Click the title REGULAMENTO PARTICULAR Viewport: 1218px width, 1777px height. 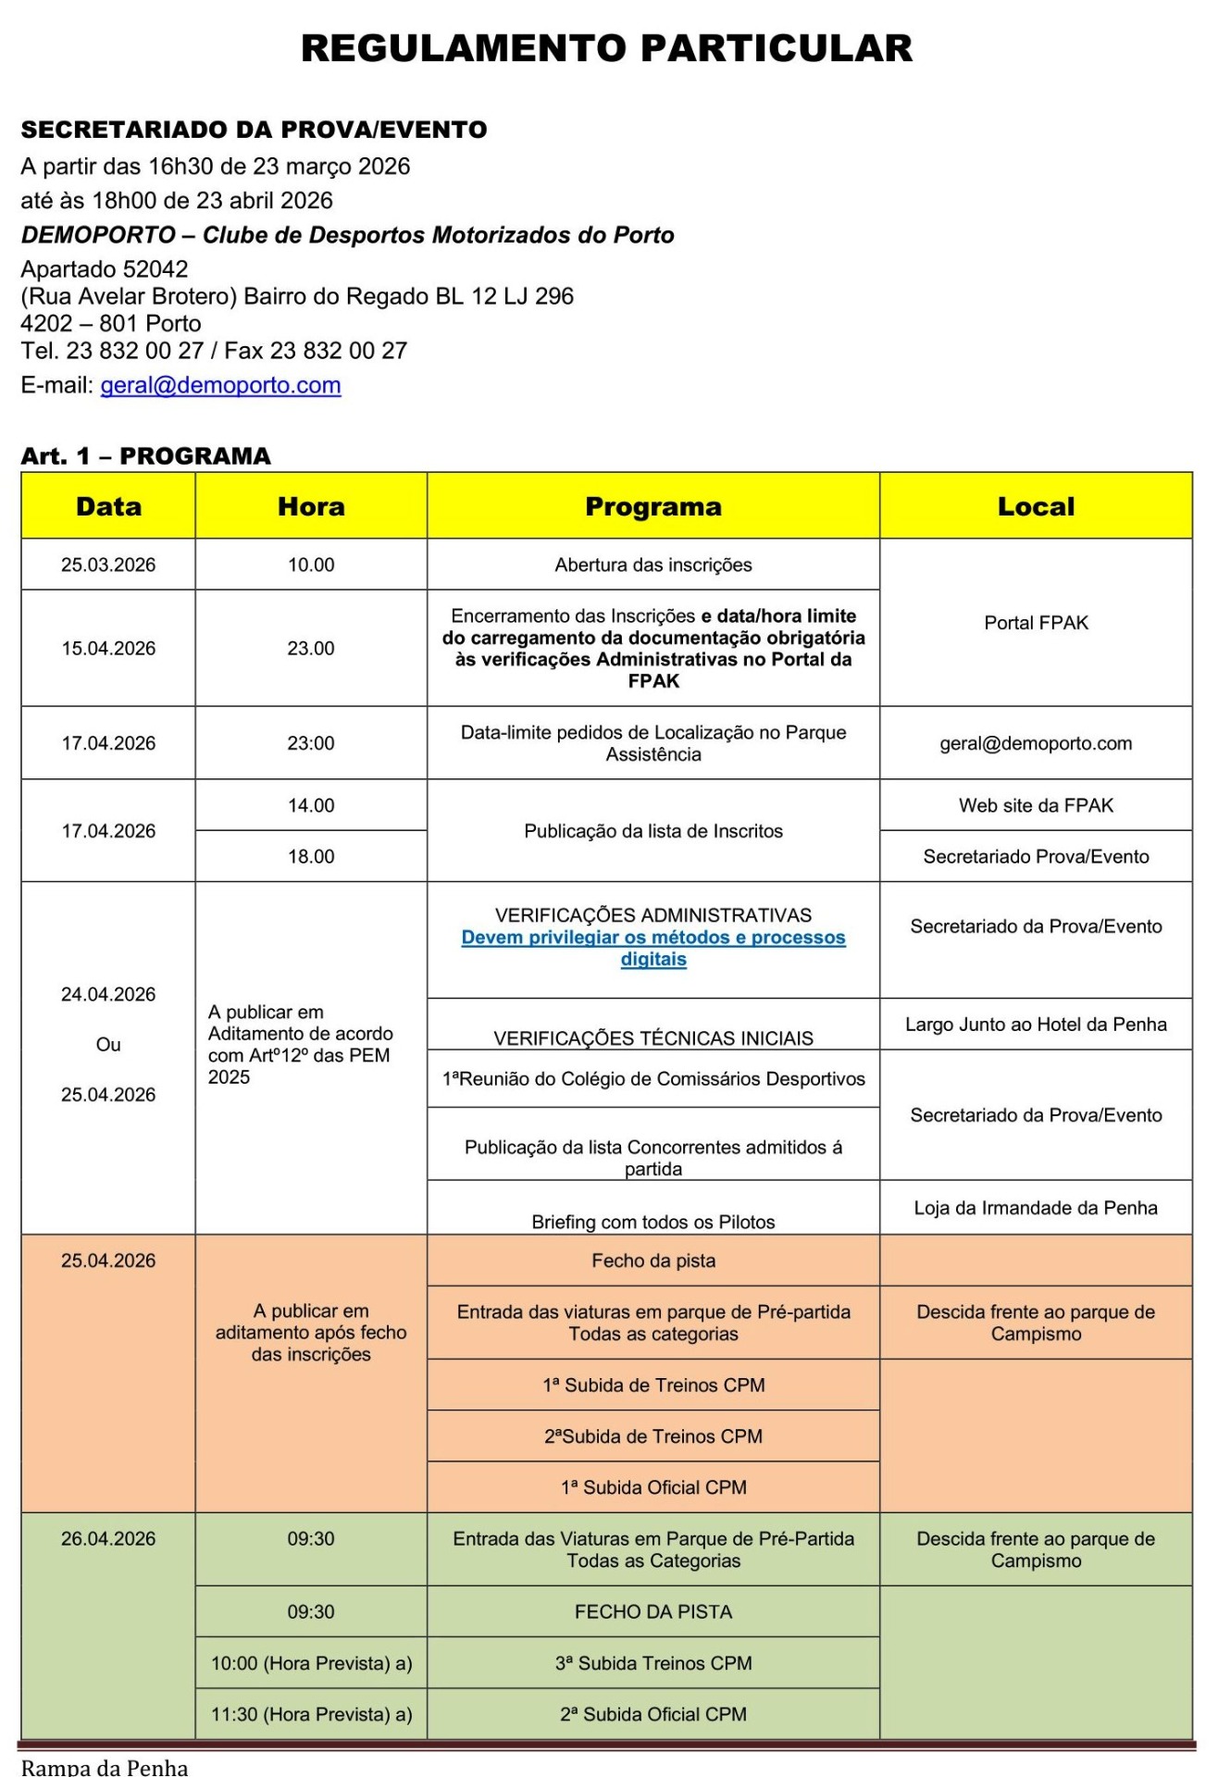pos(606,48)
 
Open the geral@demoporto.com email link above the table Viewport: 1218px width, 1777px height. pos(220,385)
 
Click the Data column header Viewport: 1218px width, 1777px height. pos(108,506)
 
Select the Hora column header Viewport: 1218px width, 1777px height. pos(311,506)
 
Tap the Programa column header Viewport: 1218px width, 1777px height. pos(652,506)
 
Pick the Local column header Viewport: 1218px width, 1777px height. pos(1036,506)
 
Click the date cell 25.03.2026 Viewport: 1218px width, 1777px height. pos(108,565)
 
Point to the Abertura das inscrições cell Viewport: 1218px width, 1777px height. pos(652,565)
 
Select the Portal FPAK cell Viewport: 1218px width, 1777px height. pos(1036,623)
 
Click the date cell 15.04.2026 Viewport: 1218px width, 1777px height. pos(108,648)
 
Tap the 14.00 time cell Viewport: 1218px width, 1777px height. pos(311,805)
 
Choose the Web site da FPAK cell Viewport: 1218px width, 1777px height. pos(1036,805)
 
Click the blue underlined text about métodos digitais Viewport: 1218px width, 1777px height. pos(652,948)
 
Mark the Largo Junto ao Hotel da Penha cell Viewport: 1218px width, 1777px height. pos(1036,1025)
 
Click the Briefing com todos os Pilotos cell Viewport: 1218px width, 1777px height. pos(652,1222)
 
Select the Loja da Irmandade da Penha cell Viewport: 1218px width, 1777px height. pos(1036,1208)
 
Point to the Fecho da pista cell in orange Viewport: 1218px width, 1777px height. pos(652,1261)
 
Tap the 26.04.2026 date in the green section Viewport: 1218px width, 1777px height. pos(108,1538)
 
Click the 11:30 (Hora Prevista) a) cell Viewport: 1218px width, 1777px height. pos(311,1714)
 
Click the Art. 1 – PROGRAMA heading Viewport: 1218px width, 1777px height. pos(146,456)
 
